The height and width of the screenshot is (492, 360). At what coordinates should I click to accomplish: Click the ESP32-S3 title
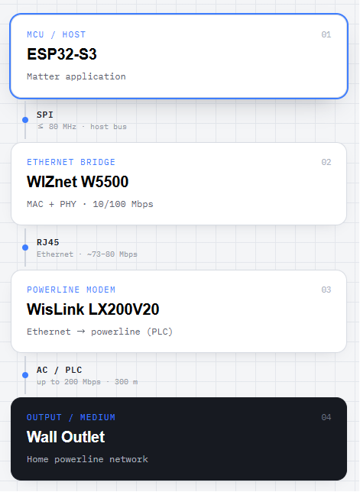point(62,54)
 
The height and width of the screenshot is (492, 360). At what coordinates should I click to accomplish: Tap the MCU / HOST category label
point(57,34)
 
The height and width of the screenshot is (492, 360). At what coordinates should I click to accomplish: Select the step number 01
point(326,34)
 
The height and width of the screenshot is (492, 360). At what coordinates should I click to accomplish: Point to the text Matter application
point(76,76)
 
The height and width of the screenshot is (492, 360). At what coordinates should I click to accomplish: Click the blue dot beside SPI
point(25,120)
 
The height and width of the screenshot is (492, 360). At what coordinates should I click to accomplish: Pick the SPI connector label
point(45,115)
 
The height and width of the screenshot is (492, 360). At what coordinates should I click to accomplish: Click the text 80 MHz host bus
point(82,127)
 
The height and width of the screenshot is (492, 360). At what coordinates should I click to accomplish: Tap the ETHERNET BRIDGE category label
point(71,162)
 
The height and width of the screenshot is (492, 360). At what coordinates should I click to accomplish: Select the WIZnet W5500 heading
point(77,182)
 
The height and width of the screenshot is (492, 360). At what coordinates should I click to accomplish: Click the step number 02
point(326,162)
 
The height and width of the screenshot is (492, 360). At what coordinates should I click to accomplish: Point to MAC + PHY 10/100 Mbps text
point(90,204)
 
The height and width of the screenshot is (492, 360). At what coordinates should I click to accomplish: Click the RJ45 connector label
point(47,242)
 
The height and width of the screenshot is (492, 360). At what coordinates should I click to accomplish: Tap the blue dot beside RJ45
point(25,248)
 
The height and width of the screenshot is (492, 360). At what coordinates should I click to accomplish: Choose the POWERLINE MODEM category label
point(71,290)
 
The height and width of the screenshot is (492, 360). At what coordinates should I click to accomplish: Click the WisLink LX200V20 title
point(93,309)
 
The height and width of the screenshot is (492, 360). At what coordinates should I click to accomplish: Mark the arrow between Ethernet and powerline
point(81,332)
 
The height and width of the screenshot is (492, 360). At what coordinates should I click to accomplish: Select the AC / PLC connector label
point(60,370)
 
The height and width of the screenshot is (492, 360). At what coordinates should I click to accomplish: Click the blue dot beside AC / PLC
point(25,375)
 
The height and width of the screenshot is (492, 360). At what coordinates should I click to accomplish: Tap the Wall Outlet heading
point(66,437)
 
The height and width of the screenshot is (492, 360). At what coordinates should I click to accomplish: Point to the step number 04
point(326,417)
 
